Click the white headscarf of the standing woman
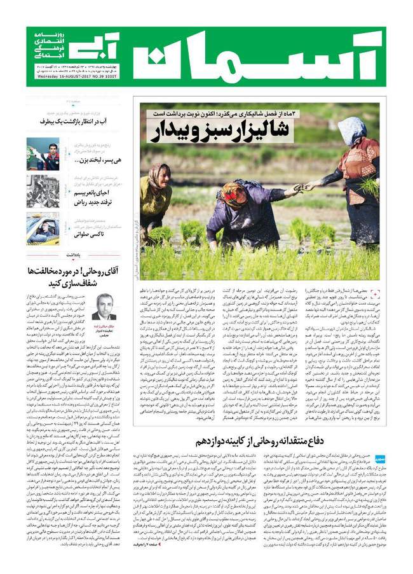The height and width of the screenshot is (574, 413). (351, 129)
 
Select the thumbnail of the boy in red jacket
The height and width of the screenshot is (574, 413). (43, 153)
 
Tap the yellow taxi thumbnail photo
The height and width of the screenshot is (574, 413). (43, 228)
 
